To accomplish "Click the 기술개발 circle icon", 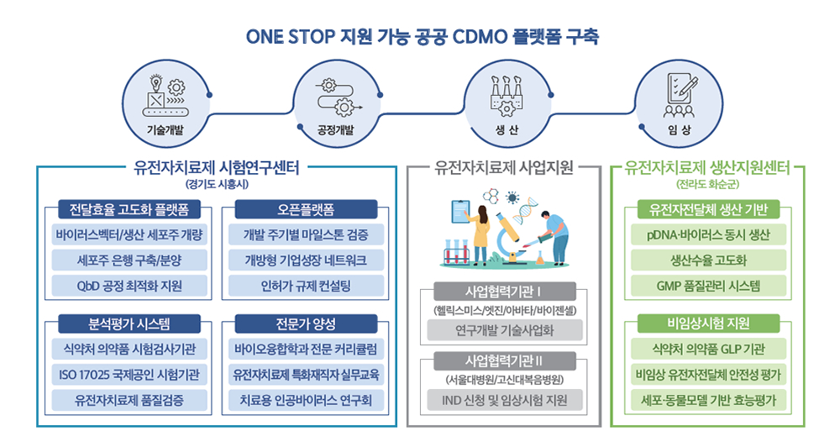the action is (165, 103).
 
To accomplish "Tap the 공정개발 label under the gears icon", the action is (336, 129).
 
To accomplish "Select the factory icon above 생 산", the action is (507, 96).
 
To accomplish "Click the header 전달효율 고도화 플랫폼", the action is (129, 209).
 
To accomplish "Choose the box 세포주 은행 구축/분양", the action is (129, 260).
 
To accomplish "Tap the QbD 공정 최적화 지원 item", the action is (129, 286).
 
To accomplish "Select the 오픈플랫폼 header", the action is (306, 209).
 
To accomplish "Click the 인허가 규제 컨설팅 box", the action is (306, 286).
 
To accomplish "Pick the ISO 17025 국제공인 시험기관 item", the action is (129, 375).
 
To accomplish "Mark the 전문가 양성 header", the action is (306, 323).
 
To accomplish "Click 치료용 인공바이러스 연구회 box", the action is (306, 401).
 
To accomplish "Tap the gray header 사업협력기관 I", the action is (504, 292).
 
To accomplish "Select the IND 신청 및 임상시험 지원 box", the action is (505, 401).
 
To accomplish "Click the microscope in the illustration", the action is (510, 239).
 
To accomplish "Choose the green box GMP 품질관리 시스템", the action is (708, 286).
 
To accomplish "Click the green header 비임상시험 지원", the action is (708, 323).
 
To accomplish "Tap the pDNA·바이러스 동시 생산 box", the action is (708, 234).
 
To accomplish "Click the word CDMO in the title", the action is (480, 37).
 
